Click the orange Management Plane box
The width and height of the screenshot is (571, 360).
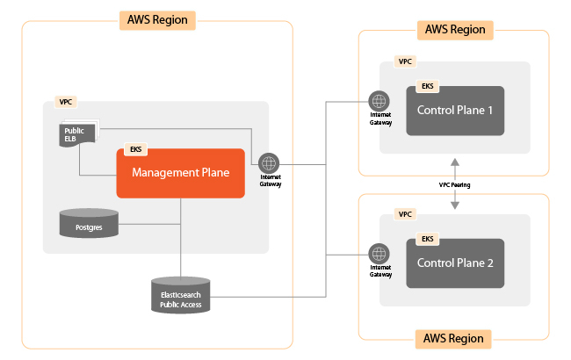point(180,173)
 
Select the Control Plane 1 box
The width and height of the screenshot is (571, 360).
point(454,111)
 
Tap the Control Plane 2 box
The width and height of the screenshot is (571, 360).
point(454,263)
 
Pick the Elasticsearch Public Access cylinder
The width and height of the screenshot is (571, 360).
point(181,293)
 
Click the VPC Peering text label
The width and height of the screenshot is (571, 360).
point(455,185)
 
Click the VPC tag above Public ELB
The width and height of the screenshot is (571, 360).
point(65,103)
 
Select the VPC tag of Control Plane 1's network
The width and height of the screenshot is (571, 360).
point(405,62)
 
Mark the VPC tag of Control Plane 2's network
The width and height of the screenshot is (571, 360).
point(405,214)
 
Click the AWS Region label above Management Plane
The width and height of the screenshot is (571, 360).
point(157,19)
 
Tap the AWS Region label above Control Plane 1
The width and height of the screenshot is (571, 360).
point(454,30)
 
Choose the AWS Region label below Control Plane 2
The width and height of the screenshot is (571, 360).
point(454,338)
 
